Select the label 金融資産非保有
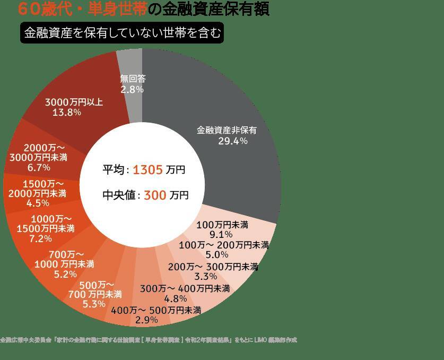[x=227, y=130]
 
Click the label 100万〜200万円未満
[x=223, y=245]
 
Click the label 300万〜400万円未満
[x=185, y=289]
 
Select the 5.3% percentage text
[x=94, y=304]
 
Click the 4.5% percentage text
[x=38, y=202]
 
